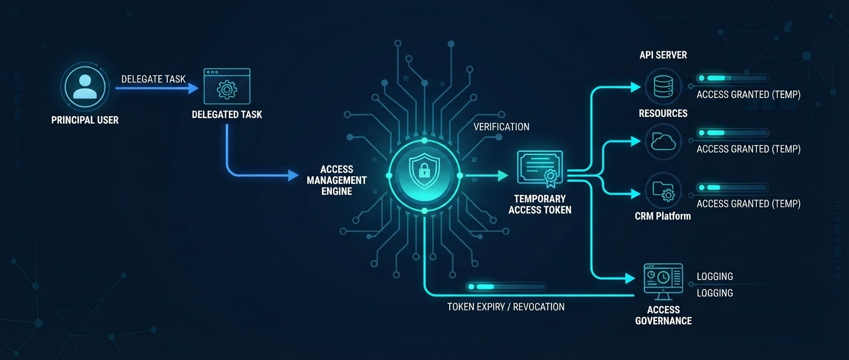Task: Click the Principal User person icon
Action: (x=85, y=86)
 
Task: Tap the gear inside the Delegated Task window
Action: (x=227, y=89)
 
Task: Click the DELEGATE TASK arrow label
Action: (x=153, y=79)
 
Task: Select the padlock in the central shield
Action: (x=424, y=170)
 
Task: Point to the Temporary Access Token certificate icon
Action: (x=540, y=168)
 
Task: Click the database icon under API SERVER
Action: (x=663, y=86)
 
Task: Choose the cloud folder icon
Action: (x=663, y=141)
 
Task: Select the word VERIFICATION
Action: (x=501, y=126)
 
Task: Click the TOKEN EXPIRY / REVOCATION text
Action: (x=505, y=306)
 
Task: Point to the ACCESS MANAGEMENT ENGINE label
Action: (x=337, y=180)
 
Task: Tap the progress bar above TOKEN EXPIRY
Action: (x=505, y=287)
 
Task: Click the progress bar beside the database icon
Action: (x=732, y=78)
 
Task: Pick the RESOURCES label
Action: (x=663, y=114)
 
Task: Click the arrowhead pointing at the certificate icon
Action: (x=503, y=176)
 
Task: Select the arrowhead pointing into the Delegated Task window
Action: (x=193, y=88)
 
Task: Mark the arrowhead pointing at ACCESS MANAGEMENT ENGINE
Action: (x=293, y=175)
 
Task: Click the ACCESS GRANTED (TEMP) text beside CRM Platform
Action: (x=749, y=204)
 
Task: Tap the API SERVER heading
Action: (x=663, y=55)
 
